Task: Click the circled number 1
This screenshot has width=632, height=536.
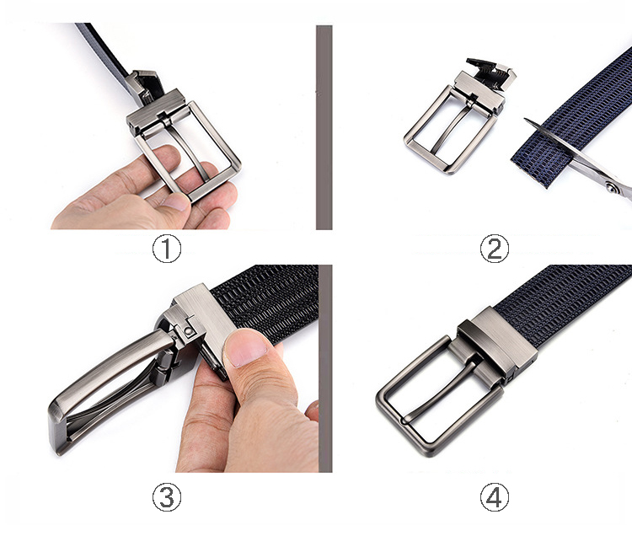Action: (x=167, y=249)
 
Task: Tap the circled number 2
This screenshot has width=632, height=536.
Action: (x=495, y=249)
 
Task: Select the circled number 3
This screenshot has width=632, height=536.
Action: (x=167, y=497)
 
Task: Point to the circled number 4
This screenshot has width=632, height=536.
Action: (x=495, y=497)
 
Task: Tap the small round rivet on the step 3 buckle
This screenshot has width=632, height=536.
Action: (x=188, y=331)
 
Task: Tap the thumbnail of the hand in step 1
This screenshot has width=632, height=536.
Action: (x=174, y=201)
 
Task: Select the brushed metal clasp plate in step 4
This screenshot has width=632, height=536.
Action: (x=503, y=339)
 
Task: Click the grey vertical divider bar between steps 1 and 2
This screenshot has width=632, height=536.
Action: (x=324, y=127)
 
